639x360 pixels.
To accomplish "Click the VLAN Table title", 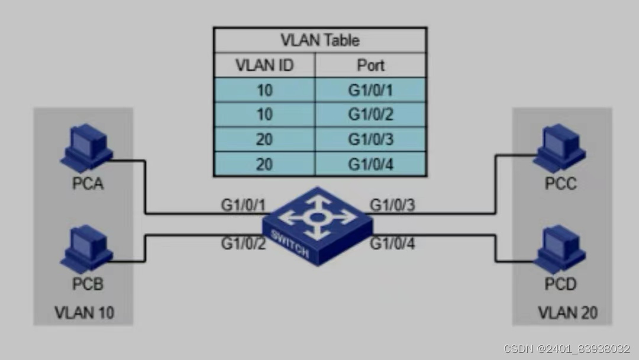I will pos(319,40).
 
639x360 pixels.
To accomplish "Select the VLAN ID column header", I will pos(264,65).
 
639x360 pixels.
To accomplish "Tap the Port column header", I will pos(370,65).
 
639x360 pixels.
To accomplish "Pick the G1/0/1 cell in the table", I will pos(370,90).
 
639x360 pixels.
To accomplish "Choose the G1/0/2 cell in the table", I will pos(370,114).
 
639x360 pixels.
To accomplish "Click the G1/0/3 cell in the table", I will pos(370,139).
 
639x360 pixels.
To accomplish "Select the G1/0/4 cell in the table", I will pos(370,163).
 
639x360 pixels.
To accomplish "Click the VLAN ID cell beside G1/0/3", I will pos(264,139).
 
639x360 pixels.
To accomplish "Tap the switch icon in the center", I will pos(318,226).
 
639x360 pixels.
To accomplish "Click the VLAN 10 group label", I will pos(85,312).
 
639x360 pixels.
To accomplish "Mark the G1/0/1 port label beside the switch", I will pos(243,205).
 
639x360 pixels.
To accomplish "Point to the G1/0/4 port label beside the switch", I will pos(392,243).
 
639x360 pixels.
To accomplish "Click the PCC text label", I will pos(560,184).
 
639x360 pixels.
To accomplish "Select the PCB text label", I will pos(88,284).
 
